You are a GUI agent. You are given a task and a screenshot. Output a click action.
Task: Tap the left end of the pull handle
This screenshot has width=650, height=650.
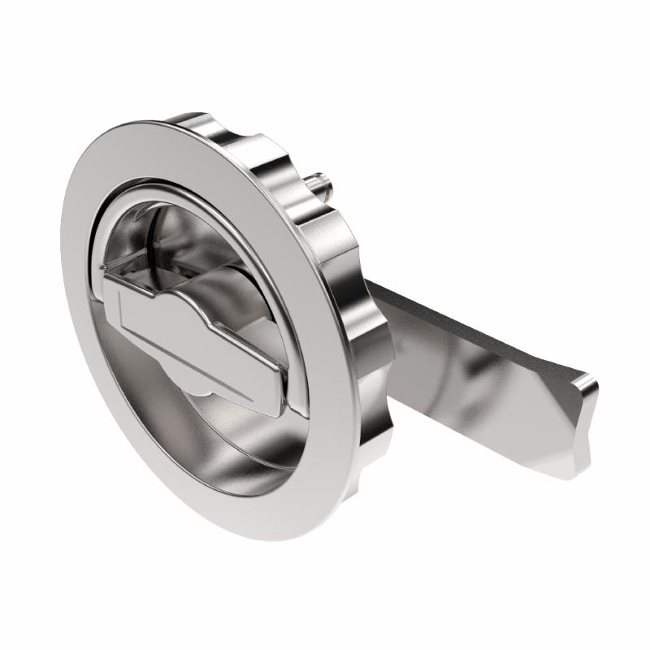[x=110, y=297]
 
